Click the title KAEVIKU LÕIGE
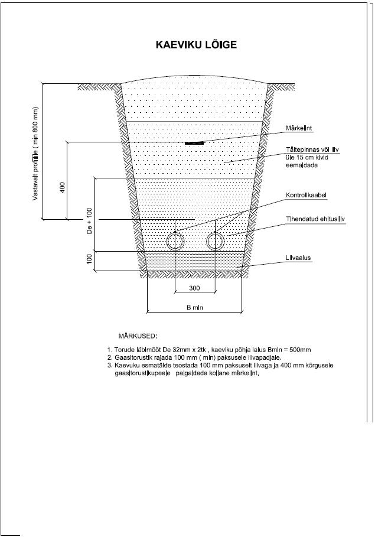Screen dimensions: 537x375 (x=196, y=44)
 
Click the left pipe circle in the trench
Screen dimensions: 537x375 (x=175, y=240)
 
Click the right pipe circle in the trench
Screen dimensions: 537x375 (x=216, y=240)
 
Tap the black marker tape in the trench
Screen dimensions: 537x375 (x=194, y=143)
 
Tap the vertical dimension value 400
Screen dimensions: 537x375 (x=63, y=187)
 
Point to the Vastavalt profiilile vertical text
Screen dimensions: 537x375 (x=36, y=154)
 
